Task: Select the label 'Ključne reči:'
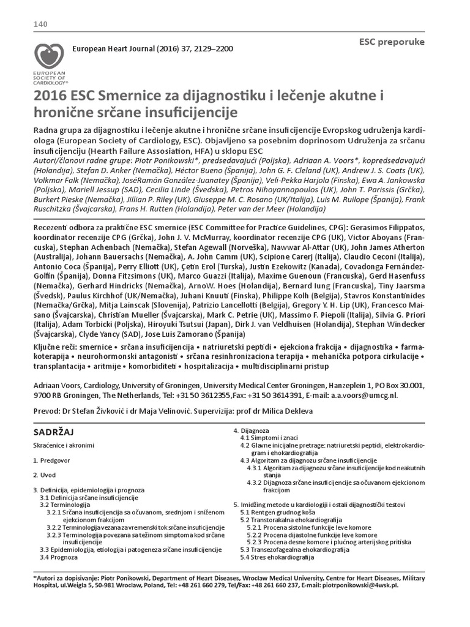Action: point(55,347)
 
